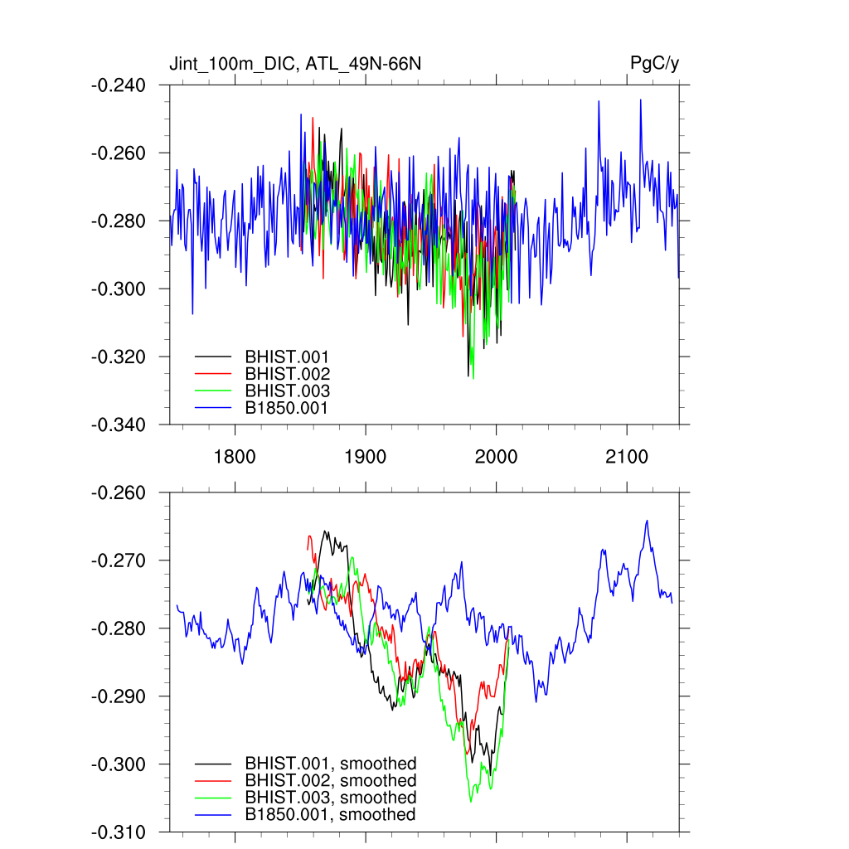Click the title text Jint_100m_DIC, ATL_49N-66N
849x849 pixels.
299,64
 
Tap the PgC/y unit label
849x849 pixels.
654,64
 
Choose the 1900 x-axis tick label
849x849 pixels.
365,456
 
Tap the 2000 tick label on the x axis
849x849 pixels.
496,456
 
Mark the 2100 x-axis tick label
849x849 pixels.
627,456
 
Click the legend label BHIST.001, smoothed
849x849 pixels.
330,764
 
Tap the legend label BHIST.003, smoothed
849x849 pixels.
330,798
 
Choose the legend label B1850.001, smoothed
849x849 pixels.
330,815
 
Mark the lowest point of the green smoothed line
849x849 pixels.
471,802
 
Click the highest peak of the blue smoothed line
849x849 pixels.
647,521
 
